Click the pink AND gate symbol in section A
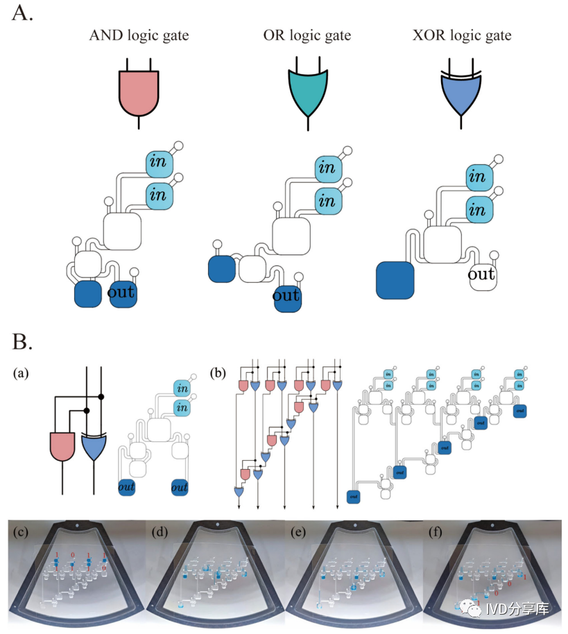click(140, 90)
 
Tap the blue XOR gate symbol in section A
click(461, 93)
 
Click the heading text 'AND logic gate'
click(139, 35)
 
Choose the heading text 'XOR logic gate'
click(461, 35)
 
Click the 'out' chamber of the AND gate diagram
click(122, 294)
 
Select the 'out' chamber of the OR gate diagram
click(286, 297)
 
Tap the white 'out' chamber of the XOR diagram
click(481, 275)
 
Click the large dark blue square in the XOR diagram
click(395, 279)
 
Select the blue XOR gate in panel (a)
click(94, 446)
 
